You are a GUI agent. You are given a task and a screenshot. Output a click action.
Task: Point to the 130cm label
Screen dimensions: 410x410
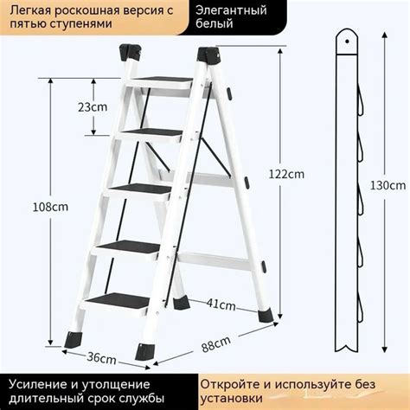point(389,184)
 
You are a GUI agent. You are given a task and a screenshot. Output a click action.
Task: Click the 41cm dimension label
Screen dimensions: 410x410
point(222,304)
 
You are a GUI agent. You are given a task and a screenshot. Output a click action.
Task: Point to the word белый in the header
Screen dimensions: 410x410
point(214,25)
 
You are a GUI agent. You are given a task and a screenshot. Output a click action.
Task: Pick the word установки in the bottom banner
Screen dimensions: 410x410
point(232,399)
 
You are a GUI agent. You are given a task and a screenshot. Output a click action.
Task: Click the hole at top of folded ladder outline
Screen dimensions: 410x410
point(346,40)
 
